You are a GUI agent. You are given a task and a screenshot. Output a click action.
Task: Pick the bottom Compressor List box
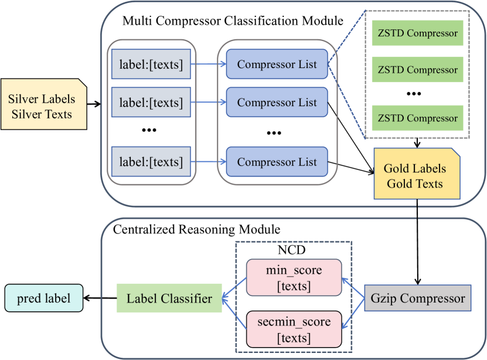tap(277, 162)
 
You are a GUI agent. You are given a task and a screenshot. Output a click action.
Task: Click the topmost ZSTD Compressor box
tap(417, 33)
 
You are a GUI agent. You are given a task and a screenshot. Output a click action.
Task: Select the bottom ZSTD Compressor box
tap(417, 118)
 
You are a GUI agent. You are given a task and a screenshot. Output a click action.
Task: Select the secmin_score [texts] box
tap(294, 330)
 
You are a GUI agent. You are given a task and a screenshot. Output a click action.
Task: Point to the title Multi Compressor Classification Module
tap(233, 21)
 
